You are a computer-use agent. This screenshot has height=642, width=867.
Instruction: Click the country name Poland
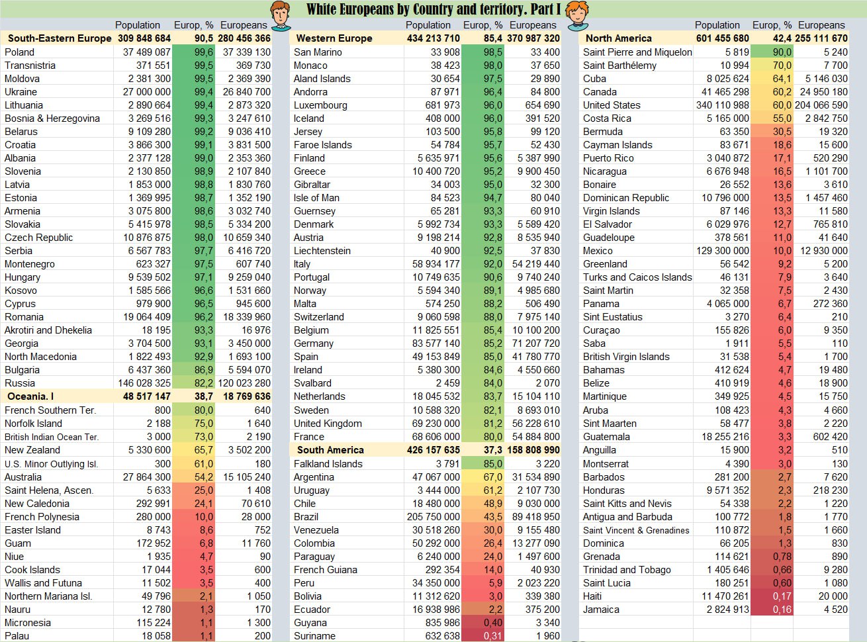coord(19,52)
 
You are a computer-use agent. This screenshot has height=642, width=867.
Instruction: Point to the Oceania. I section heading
coord(30,396)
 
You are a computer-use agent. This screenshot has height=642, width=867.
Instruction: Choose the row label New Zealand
coord(32,450)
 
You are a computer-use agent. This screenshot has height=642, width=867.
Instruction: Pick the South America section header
coord(330,450)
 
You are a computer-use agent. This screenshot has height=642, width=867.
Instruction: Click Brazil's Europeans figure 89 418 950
coord(535,517)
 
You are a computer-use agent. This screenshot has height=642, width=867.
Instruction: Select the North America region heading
coord(618,38)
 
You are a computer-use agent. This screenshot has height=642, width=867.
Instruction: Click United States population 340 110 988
coord(722,105)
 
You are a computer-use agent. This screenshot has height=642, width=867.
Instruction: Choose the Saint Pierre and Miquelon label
coord(637,52)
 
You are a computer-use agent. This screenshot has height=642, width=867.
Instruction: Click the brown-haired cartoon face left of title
coord(281,15)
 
